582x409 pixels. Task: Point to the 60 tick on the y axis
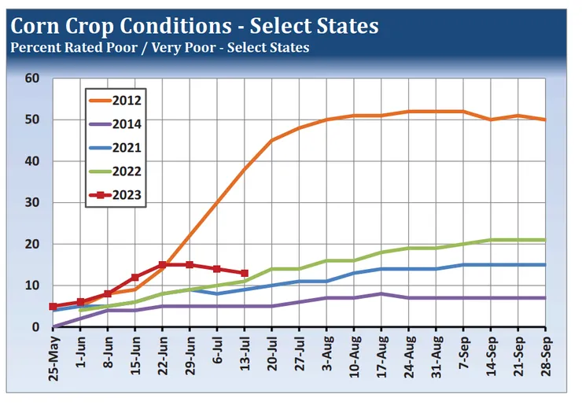[32, 79]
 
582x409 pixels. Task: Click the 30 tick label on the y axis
[32, 203]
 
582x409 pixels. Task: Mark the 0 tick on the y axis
[36, 327]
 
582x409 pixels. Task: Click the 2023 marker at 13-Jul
[245, 273]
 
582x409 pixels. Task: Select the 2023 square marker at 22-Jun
[163, 265]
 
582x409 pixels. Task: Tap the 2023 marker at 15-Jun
[135, 278]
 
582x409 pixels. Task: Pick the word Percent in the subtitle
[33, 47]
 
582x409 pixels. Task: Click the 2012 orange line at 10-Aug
[354, 116]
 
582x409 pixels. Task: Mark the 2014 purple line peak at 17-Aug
[381, 293]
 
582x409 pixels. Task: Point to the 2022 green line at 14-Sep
[491, 240]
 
